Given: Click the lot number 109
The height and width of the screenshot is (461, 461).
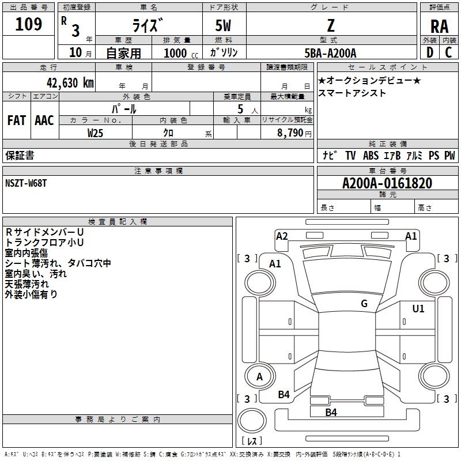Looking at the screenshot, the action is coord(28,24).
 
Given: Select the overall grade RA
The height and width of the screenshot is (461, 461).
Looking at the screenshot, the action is coord(439,27).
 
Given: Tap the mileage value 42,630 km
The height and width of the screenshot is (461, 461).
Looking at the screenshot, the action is coord(70,83).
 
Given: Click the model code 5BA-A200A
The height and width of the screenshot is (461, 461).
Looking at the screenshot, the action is coord(330,53).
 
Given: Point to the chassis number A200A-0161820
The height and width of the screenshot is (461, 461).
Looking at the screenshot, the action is coord(387,183).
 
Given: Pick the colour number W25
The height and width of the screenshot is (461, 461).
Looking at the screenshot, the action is coord(95,133).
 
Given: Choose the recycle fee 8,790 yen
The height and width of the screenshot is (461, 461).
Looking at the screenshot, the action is coord(294,133).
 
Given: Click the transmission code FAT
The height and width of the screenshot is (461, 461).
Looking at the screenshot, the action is coord(17,120).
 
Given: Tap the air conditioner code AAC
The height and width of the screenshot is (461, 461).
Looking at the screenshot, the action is coord(44,120).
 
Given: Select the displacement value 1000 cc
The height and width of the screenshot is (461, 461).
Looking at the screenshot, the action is coord(181,53).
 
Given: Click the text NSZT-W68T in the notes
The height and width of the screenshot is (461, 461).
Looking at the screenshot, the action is coord(26,183).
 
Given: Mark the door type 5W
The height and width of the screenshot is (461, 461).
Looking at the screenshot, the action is coord(223,26).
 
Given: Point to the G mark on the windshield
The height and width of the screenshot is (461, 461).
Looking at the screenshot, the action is coord(364,303).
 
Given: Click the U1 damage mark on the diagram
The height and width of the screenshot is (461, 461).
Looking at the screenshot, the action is coord(418,309).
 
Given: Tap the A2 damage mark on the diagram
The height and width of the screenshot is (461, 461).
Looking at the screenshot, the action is coord(282,236).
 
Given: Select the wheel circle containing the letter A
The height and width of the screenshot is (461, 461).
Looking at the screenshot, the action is coord(260,376).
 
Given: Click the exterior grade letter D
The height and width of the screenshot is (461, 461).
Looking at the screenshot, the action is coord(430,52).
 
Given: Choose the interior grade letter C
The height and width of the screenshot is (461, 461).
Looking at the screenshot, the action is coord(448,52).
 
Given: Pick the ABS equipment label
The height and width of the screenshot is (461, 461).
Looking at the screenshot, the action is coord(371,156).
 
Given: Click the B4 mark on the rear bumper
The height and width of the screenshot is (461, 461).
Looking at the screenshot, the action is coord(331,412).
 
